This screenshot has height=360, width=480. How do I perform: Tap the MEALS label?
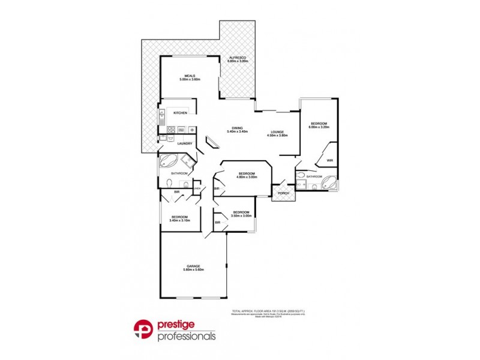tap(191, 76)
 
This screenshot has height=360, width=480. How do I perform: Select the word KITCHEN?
tap(181, 113)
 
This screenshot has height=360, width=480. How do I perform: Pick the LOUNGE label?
tap(277, 132)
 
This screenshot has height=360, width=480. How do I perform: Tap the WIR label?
tap(329, 160)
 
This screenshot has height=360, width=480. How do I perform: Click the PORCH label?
tap(283, 193)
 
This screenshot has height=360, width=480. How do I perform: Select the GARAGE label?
tap(193, 266)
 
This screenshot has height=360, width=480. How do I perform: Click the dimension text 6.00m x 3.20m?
tap(319, 127)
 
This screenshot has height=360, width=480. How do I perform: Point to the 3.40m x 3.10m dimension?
tap(180, 220)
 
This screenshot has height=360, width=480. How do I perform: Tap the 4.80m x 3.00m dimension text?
tap(247, 177)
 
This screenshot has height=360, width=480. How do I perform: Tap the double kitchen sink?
tap(161, 113)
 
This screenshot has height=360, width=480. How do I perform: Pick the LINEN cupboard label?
tap(196, 188)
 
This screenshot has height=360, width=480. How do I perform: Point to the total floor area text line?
tap(268, 311)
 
